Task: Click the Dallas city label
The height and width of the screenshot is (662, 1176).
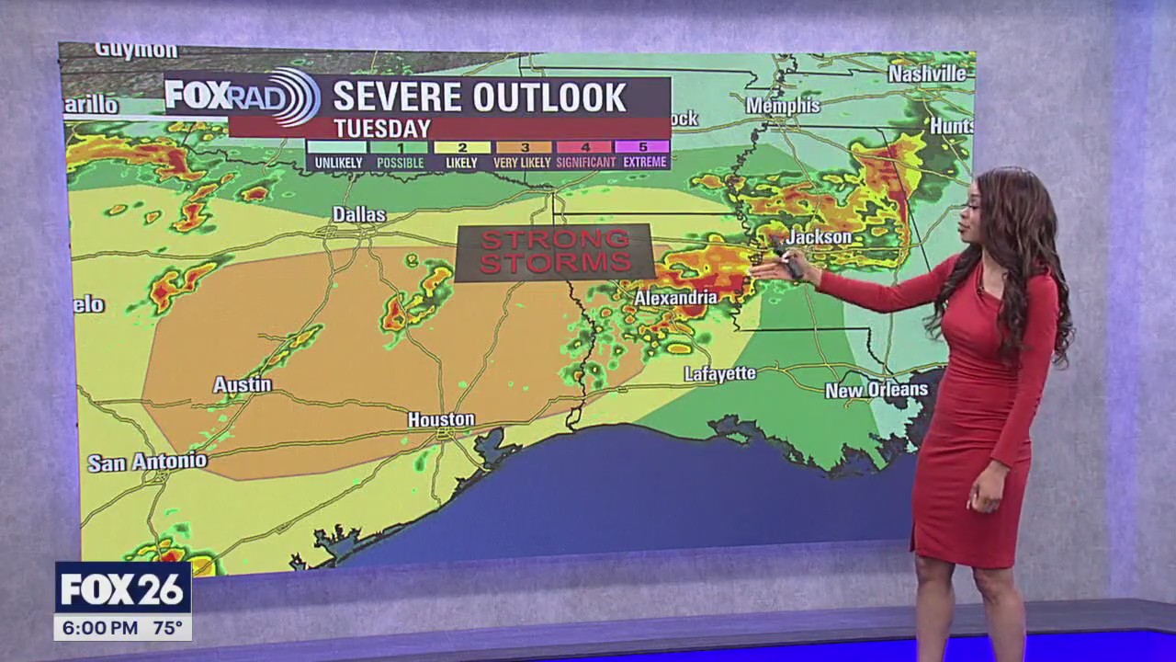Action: pos(358,214)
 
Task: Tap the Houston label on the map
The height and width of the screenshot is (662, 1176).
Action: pos(441,420)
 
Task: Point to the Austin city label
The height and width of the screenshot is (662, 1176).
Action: pos(243,384)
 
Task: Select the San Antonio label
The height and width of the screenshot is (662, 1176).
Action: pos(147,462)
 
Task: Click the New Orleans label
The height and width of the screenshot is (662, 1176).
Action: pos(876,390)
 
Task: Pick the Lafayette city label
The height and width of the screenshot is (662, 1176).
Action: pos(719,373)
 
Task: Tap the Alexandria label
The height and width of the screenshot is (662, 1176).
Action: pos(675,298)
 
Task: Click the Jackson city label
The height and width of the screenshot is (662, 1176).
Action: pos(820,237)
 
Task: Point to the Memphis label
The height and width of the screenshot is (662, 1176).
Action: pos(783,106)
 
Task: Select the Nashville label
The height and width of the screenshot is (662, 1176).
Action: pos(927,74)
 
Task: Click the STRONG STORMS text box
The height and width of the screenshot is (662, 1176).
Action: pos(555,252)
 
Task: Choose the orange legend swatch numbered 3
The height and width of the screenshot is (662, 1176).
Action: pos(524,146)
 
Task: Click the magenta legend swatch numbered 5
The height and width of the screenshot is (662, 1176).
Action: pos(641,146)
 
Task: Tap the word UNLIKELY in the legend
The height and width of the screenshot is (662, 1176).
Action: pos(337,163)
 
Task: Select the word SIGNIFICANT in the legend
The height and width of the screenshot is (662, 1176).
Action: pos(585,163)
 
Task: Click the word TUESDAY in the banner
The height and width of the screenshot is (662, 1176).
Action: pos(382,128)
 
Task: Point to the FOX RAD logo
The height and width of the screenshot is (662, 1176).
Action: pos(242,96)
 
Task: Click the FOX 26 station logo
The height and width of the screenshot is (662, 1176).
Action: pos(122,589)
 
